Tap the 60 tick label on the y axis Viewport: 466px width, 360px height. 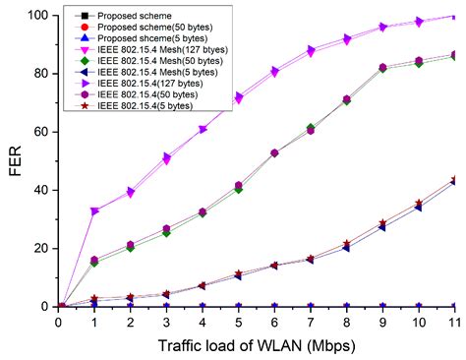(x=42, y=132)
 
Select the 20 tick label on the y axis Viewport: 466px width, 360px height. (x=42, y=248)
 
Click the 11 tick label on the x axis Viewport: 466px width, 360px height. (x=453, y=321)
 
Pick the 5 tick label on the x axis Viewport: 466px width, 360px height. (x=238, y=321)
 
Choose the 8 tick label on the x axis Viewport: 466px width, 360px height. (x=346, y=321)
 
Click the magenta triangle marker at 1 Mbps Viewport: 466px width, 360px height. (x=95, y=211)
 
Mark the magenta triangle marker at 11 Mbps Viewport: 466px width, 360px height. (x=453, y=17)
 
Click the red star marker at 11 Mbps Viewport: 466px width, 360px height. (x=453, y=180)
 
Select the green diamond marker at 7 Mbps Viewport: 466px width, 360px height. (x=310, y=129)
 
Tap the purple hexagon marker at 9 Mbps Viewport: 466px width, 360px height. (x=381, y=67)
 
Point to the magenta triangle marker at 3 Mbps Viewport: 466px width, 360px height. (x=166, y=159)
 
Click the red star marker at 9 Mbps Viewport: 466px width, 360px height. (x=381, y=224)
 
